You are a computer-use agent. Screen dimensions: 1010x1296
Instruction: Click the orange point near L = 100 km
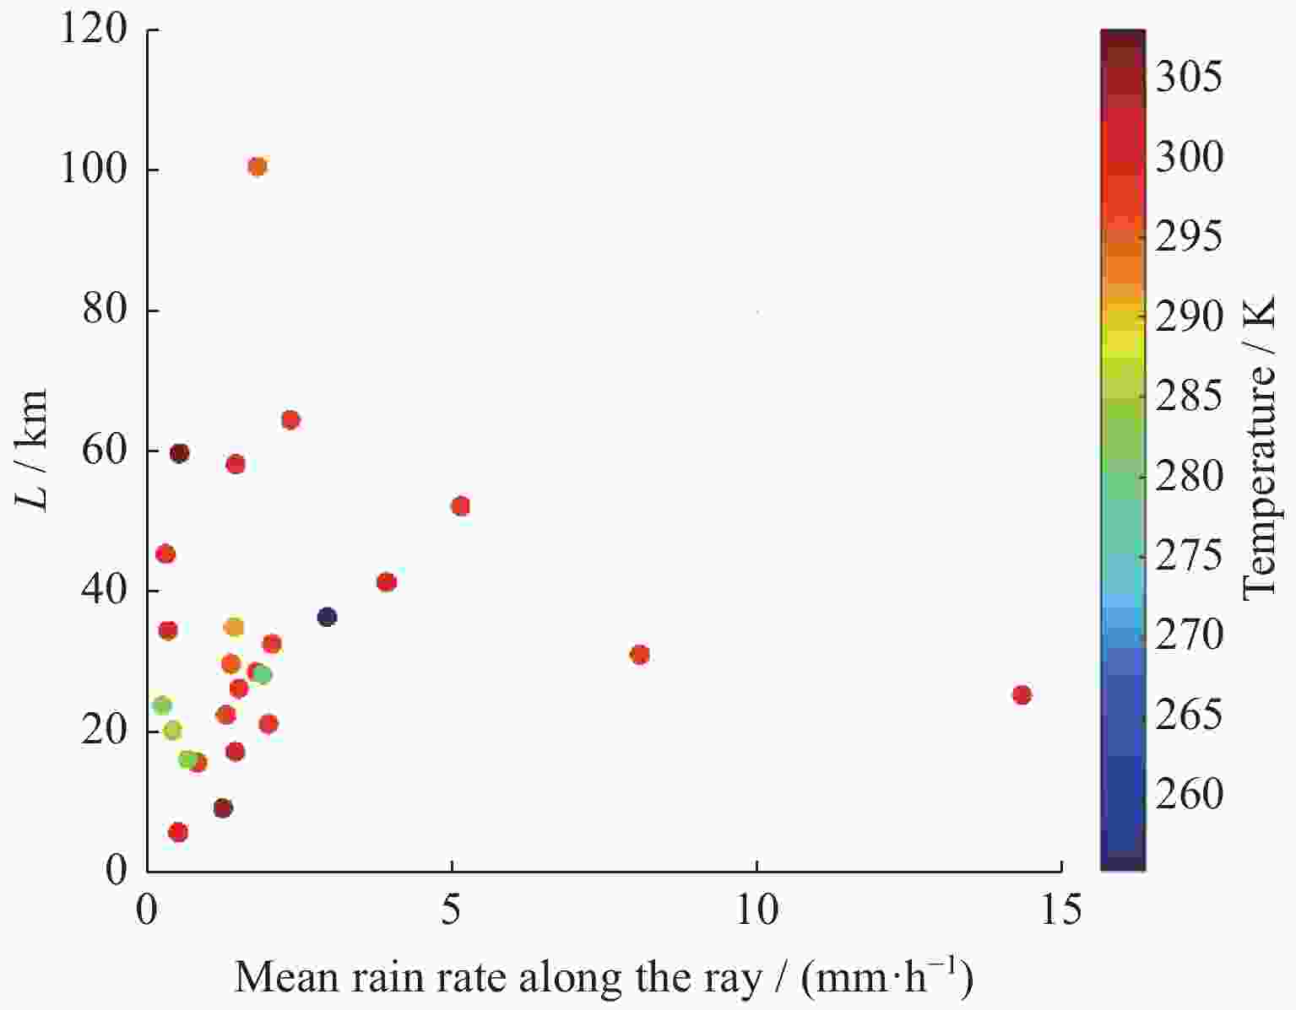[x=258, y=166]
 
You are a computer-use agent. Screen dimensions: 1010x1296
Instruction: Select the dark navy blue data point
[x=327, y=617]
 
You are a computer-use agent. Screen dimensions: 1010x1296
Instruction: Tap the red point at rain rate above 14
[x=1022, y=694]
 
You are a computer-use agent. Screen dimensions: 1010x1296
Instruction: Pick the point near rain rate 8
[x=639, y=655]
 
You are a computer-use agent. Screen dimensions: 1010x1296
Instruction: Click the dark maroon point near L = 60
[x=179, y=453]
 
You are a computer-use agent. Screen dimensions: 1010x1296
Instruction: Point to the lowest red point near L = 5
[x=178, y=832]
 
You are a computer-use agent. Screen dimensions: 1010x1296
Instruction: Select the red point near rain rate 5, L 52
[x=460, y=506]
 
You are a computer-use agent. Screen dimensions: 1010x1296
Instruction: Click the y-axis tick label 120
[x=94, y=30]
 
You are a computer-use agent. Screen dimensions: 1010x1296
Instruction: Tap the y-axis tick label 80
[x=105, y=311]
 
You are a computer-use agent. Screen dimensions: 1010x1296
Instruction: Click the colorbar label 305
[x=1188, y=78]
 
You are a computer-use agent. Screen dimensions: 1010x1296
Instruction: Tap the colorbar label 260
[x=1188, y=794]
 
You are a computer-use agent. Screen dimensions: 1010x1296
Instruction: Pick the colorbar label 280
[x=1188, y=476]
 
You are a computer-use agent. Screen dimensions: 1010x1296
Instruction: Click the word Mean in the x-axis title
[x=279, y=977]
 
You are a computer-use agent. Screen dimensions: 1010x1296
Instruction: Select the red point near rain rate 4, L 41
[x=386, y=582]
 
